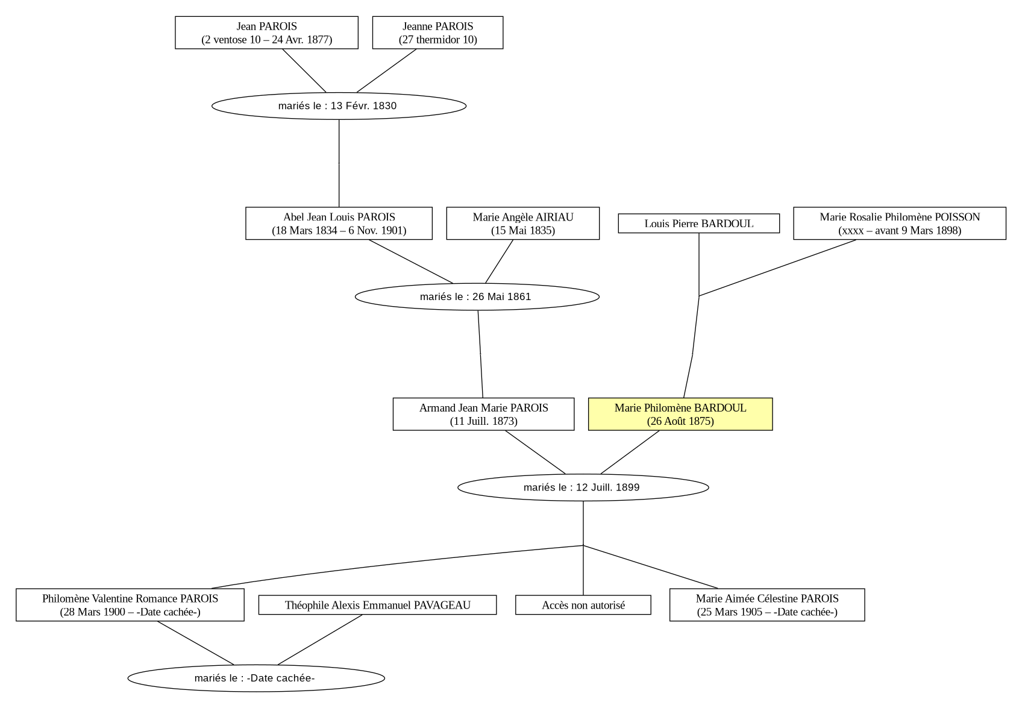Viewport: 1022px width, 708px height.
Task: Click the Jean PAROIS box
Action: click(x=266, y=33)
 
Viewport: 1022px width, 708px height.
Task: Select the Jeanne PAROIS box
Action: click(x=437, y=33)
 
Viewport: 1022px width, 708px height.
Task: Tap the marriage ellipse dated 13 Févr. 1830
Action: click(x=339, y=106)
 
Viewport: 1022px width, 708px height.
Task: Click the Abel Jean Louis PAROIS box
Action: click(x=339, y=224)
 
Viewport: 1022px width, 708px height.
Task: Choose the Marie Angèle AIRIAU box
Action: click(x=523, y=224)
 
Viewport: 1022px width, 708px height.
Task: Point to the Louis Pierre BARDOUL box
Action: click(x=698, y=224)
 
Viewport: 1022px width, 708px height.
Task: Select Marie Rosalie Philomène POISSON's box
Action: click(x=900, y=224)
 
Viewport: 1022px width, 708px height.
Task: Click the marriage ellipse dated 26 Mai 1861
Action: click(x=477, y=296)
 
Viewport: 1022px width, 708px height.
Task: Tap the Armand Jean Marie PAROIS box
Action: click(x=484, y=414)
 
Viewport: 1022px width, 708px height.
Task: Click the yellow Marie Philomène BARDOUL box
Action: click(x=680, y=414)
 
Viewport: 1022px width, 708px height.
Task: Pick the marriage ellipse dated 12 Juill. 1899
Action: click(x=583, y=487)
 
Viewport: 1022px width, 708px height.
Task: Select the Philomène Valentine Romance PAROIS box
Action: click(x=130, y=605)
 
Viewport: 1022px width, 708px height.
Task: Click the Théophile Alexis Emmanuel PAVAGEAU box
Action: click(x=377, y=605)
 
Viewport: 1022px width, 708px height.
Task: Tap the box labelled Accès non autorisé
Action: click(x=583, y=605)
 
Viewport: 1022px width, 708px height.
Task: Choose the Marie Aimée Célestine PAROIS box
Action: click(x=767, y=605)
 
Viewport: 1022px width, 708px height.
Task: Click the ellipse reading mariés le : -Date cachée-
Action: click(x=256, y=678)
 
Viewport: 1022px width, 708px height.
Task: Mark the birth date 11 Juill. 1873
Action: click(x=484, y=421)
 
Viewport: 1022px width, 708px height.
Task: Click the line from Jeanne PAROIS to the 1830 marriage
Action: click(x=386, y=70)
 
